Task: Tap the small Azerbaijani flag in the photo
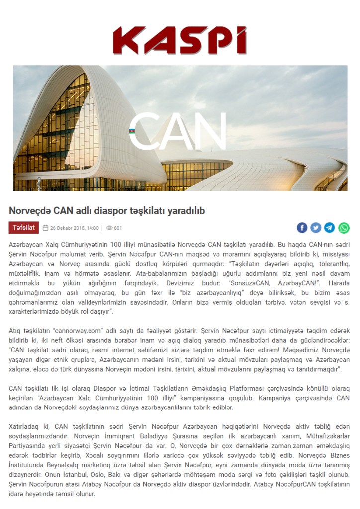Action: click(x=132, y=131)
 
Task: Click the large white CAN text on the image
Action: click(x=177, y=131)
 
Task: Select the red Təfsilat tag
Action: click(x=23, y=228)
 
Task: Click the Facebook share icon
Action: click(x=302, y=228)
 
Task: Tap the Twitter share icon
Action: click(x=316, y=228)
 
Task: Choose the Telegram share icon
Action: click(x=330, y=228)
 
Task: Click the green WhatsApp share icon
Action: click(x=344, y=228)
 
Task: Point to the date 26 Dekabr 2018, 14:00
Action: click(x=74, y=228)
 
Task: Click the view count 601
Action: click(x=118, y=228)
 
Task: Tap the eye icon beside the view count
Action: click(x=109, y=228)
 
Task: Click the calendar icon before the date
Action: click(x=46, y=228)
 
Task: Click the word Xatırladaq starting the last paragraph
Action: click(x=25, y=427)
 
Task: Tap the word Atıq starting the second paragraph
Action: click(x=15, y=330)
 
